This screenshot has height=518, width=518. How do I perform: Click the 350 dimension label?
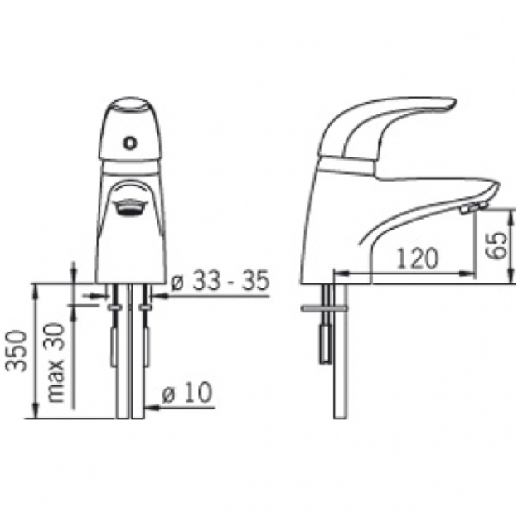click(17, 351)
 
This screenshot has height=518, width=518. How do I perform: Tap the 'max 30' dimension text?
click(55, 362)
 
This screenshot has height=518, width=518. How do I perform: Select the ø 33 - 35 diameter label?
click(220, 281)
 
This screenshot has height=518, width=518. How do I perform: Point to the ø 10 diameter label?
click(187, 392)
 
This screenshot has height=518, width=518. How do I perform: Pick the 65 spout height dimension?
click(496, 245)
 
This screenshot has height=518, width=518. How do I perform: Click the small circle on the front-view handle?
click(130, 143)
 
